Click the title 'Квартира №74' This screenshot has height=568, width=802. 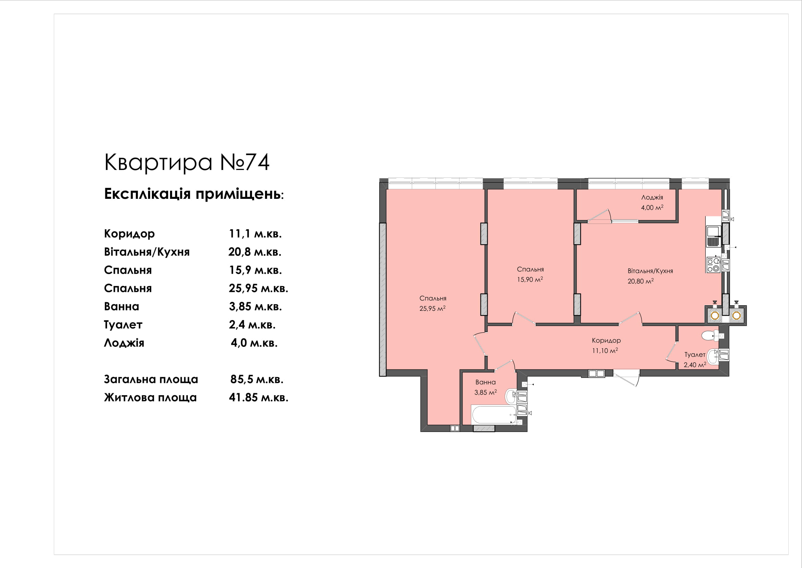tap(187, 162)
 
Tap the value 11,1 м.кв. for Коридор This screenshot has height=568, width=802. tap(255, 234)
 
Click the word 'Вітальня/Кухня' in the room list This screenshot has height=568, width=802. tap(147, 252)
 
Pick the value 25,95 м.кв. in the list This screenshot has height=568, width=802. tap(259, 288)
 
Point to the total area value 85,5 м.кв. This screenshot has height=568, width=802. tap(257, 379)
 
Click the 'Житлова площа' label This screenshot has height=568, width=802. tap(150, 397)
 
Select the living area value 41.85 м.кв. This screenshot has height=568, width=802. tap(259, 397)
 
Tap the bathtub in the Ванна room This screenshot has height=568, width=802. tap(493, 414)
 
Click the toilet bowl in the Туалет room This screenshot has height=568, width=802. tap(709, 336)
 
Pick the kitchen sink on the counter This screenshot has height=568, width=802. tap(713, 236)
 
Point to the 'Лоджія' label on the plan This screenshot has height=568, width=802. tap(652, 197)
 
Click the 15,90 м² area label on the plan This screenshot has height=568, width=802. tap(530, 280)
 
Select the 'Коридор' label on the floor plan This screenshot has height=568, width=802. tap(606, 340)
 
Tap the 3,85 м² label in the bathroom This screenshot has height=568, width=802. tap(486, 393)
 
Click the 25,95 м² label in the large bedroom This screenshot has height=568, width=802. tap(432, 308)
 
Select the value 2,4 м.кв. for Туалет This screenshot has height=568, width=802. tap(252, 325)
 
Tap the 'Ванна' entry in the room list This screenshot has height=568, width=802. tap(122, 306)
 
